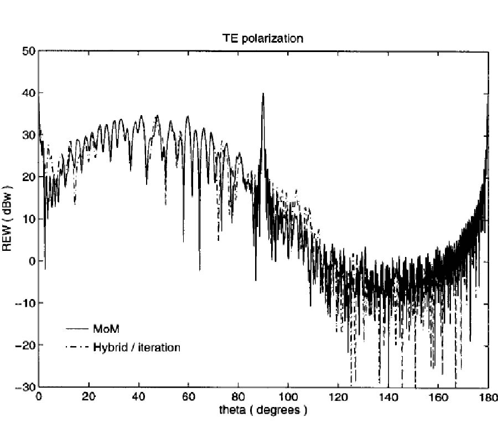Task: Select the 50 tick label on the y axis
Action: coord(29,51)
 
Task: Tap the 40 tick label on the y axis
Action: coord(29,93)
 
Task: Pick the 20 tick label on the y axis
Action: coord(29,177)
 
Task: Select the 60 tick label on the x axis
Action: coord(188,397)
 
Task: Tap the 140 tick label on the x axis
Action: coord(388,397)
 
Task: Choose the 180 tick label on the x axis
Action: coord(487,397)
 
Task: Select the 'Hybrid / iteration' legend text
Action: coord(137,347)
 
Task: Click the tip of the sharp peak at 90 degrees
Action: coord(263,93)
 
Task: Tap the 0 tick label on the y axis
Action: coord(32,261)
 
